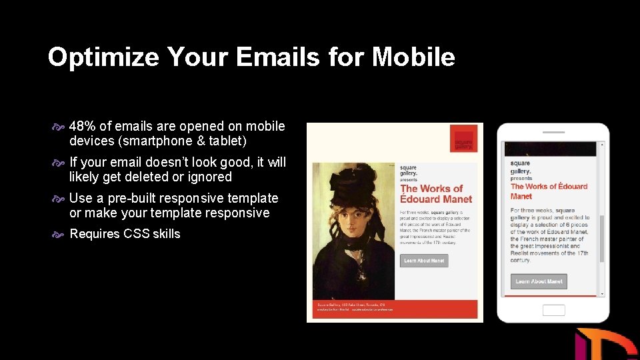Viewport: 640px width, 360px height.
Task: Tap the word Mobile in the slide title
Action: click(x=413, y=57)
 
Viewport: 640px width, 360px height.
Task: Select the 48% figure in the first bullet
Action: click(x=83, y=127)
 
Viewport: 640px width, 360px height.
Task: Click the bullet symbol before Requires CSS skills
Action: click(x=58, y=234)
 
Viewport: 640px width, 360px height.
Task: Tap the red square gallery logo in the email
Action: click(x=463, y=139)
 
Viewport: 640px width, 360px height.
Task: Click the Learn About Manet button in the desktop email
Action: click(x=424, y=261)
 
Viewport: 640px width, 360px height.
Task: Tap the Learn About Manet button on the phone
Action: click(x=539, y=281)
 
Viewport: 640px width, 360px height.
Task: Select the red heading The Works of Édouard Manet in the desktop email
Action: click(x=436, y=193)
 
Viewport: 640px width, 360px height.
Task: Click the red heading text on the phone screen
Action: click(x=548, y=191)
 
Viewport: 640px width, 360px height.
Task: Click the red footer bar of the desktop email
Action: click(x=395, y=309)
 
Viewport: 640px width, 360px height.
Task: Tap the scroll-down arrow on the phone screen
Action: click(x=602, y=293)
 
